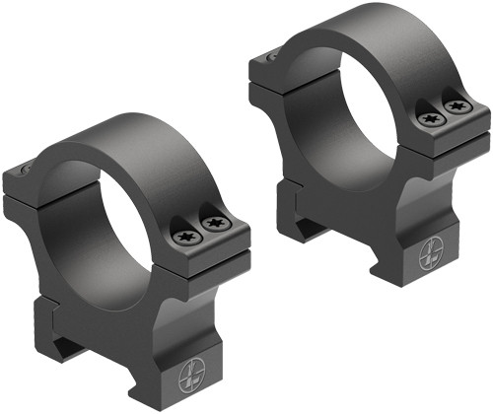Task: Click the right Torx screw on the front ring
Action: pyautogui.click(x=213, y=227)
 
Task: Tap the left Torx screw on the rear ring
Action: pyautogui.click(x=431, y=118)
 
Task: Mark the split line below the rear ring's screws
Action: pyautogui.click(x=444, y=132)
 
